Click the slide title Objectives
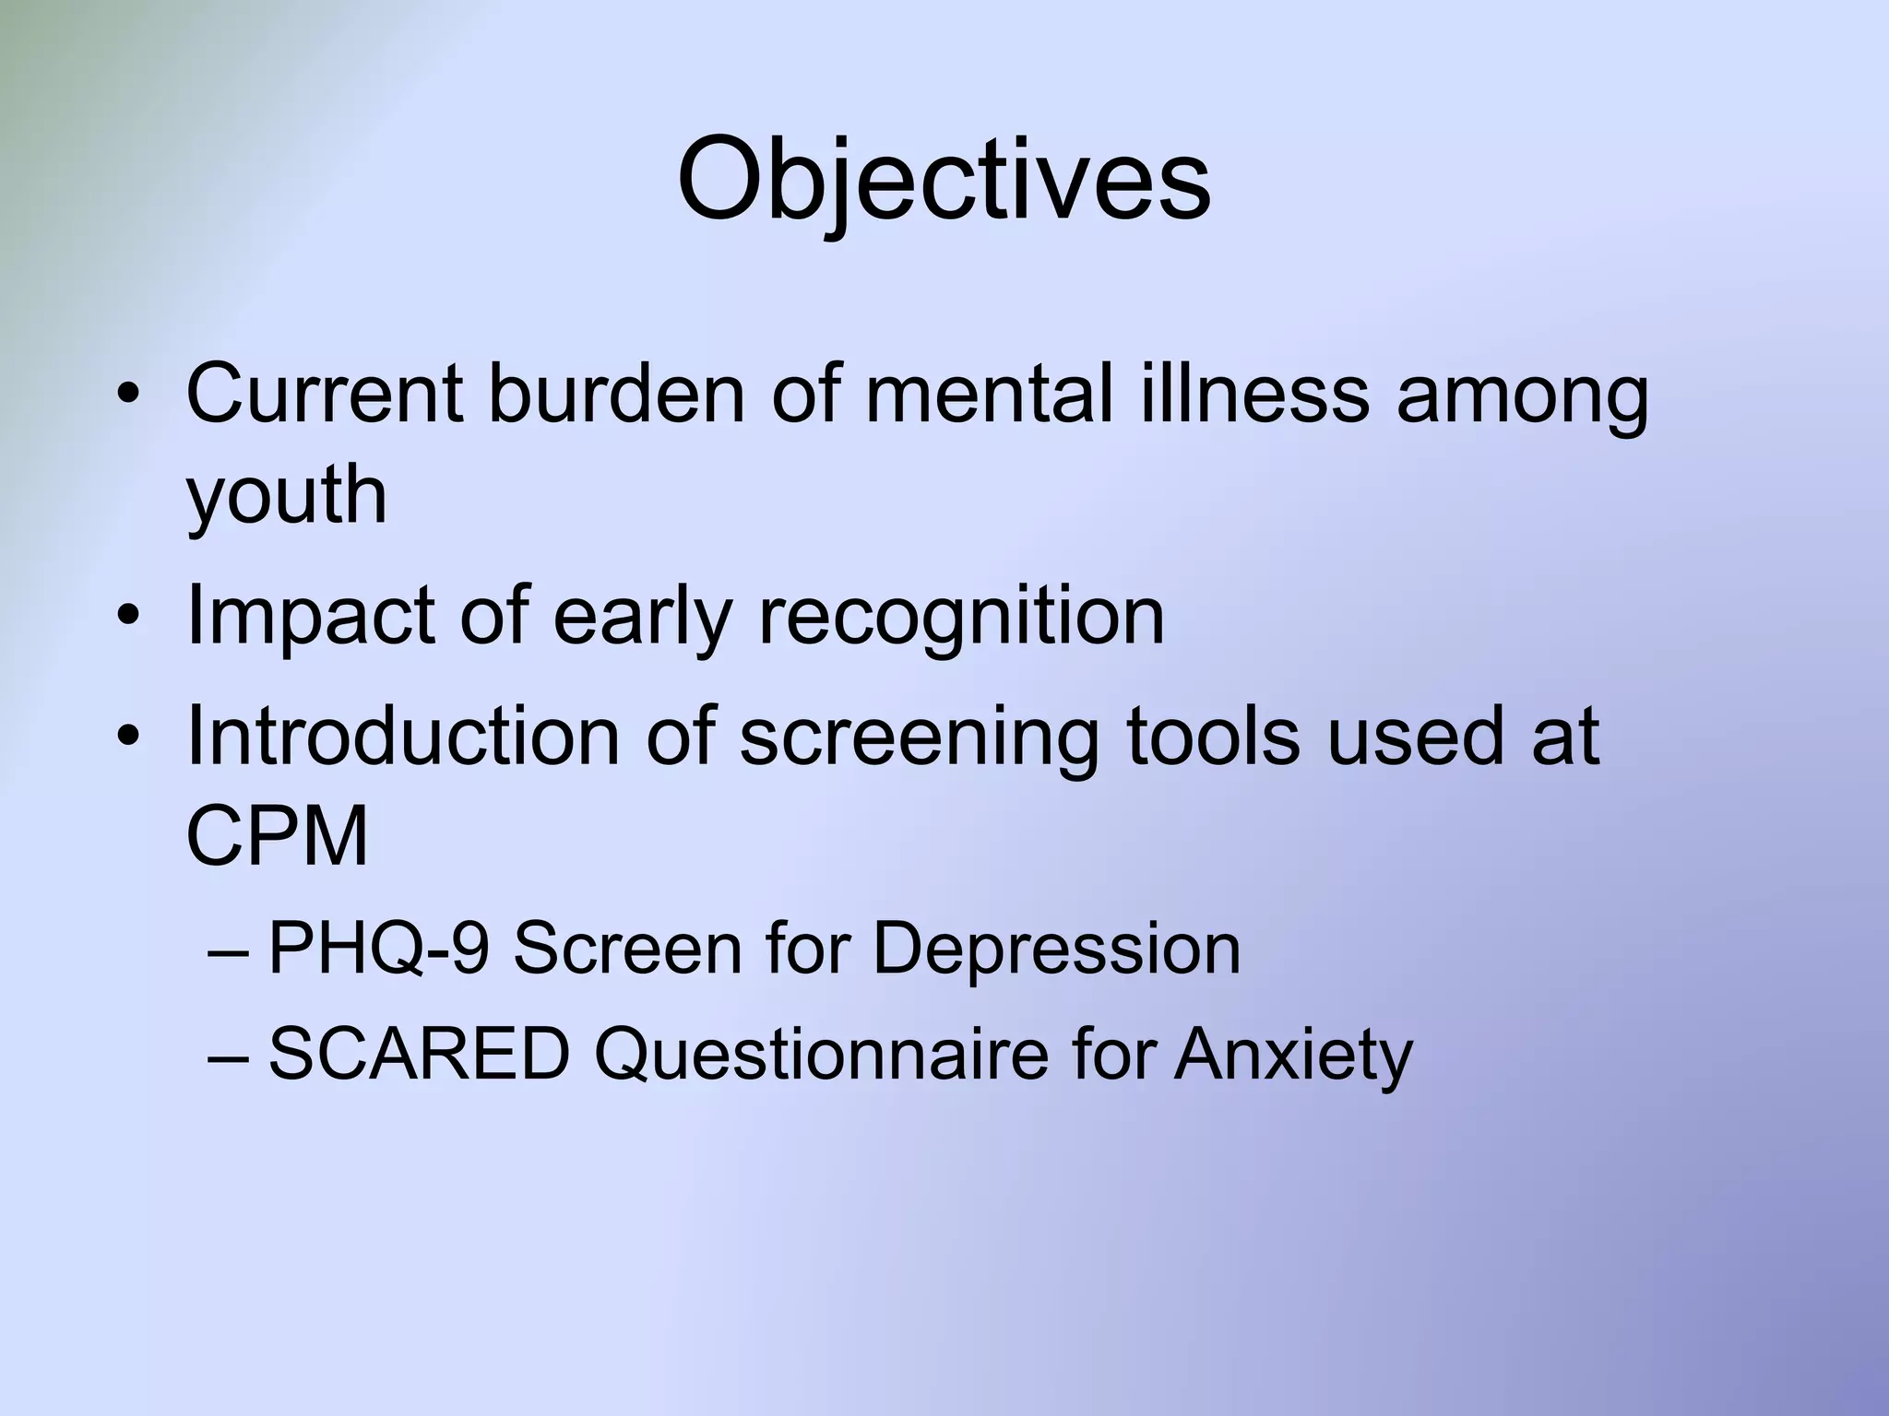tap(943, 179)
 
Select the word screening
tap(919, 737)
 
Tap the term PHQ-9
tap(377, 949)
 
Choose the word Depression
tap(1056, 949)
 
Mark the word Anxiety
tap(1292, 1056)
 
